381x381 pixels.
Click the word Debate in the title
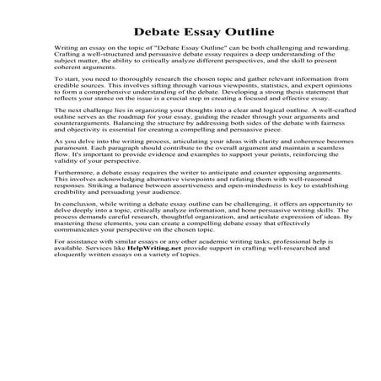pyautogui.click(x=158, y=33)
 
